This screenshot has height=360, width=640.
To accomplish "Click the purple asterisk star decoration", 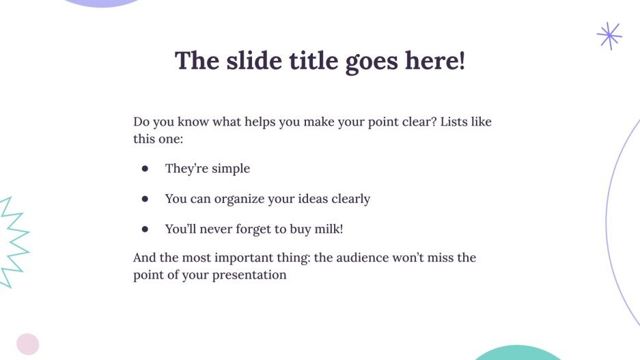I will point(609,36).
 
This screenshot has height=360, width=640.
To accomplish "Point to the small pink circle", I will point(28,344).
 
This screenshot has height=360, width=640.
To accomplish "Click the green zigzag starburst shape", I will point(14,243).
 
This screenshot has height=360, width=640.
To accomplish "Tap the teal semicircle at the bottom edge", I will point(517,353).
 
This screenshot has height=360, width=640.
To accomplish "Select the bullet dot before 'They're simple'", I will point(145,169).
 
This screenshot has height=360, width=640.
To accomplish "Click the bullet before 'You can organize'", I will point(145,199).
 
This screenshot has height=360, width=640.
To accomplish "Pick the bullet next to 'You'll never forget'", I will point(145,230).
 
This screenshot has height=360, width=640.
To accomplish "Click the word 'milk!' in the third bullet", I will point(327,230).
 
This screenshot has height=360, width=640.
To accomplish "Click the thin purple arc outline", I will point(608,219).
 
